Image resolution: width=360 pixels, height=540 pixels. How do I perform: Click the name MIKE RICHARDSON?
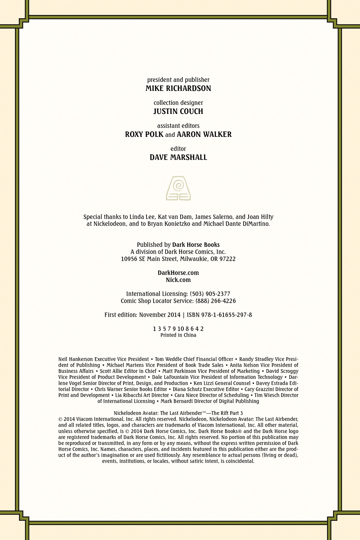pos(178,88)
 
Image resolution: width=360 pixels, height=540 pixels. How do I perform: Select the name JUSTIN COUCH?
pos(178,111)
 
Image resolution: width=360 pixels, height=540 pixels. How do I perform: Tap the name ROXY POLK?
pos(144,134)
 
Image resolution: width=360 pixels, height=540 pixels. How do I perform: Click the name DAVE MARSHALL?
pos(178,157)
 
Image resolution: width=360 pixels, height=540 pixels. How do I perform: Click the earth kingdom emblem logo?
pos(178,188)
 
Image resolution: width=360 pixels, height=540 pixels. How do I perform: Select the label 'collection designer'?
pos(178,103)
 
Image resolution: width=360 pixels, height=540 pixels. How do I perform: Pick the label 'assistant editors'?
pos(178,126)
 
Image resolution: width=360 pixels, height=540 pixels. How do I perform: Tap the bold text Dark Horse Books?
pos(196,245)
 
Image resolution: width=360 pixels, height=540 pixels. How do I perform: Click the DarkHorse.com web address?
pos(178,273)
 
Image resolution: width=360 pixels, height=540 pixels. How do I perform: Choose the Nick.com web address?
pos(178,280)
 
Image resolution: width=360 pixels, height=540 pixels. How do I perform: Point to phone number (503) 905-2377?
pos(210,294)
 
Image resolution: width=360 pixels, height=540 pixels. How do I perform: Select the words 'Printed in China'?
pos(178,335)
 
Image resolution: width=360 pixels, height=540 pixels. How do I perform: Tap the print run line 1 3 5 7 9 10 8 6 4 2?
pos(178,329)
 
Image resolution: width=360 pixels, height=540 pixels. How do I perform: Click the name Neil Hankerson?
pos(75,359)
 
